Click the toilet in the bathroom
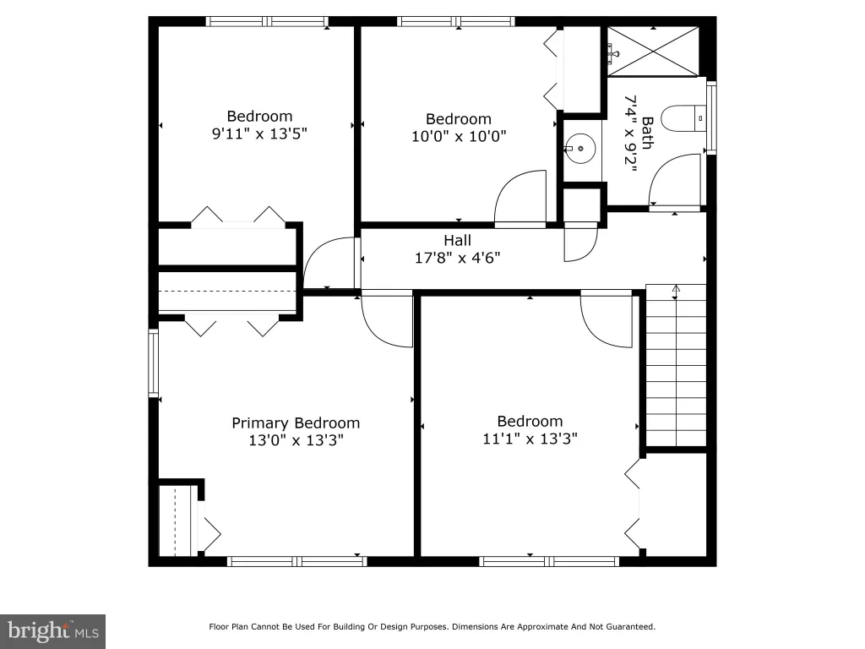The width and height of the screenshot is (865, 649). [683, 118]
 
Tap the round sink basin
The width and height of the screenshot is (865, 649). [580, 149]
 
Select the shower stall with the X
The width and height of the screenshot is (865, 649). [653, 52]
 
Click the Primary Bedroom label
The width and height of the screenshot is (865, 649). [296, 423]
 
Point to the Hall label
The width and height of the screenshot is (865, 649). [457, 241]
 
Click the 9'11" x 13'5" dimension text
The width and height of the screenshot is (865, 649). [259, 134]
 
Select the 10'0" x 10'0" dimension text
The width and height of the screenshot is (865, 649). [459, 136]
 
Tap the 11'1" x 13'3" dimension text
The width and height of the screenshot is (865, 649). [530, 439]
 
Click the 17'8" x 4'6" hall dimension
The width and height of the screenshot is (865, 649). [457, 258]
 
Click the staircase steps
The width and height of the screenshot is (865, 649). [676, 365]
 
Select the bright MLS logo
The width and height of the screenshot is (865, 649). [52, 631]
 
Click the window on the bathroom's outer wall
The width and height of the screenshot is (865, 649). [711, 117]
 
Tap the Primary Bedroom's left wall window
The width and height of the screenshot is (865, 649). [154, 363]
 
